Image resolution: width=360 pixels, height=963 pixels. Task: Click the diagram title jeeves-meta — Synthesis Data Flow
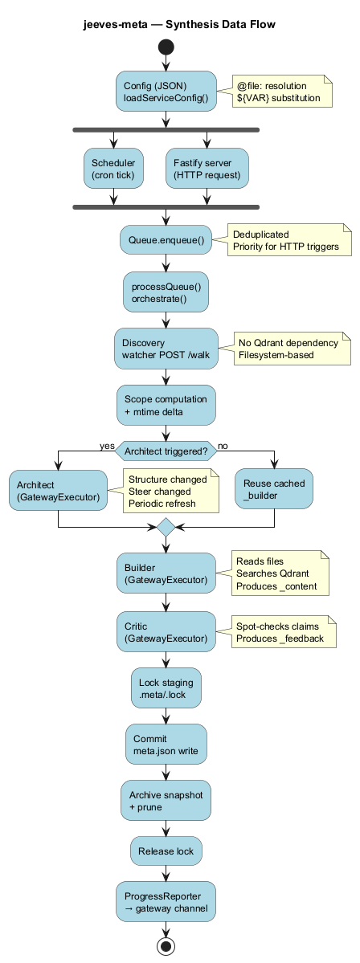pos(179,25)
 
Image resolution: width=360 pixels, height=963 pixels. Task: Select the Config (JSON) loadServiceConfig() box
pos(166,92)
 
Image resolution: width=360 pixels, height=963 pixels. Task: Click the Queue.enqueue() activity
pos(166,239)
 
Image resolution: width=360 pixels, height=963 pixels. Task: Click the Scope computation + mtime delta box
pos(166,406)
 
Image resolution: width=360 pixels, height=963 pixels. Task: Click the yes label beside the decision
pos(106,445)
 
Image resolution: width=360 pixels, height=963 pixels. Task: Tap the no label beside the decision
pos(223,445)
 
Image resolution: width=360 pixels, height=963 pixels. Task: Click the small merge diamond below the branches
pos(166,527)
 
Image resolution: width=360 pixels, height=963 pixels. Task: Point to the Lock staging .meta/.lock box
pos(166,688)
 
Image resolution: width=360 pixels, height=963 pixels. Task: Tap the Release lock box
pos(166,851)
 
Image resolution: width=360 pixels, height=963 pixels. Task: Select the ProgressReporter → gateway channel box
pos(166,902)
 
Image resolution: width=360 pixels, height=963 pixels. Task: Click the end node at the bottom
pos(166,946)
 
